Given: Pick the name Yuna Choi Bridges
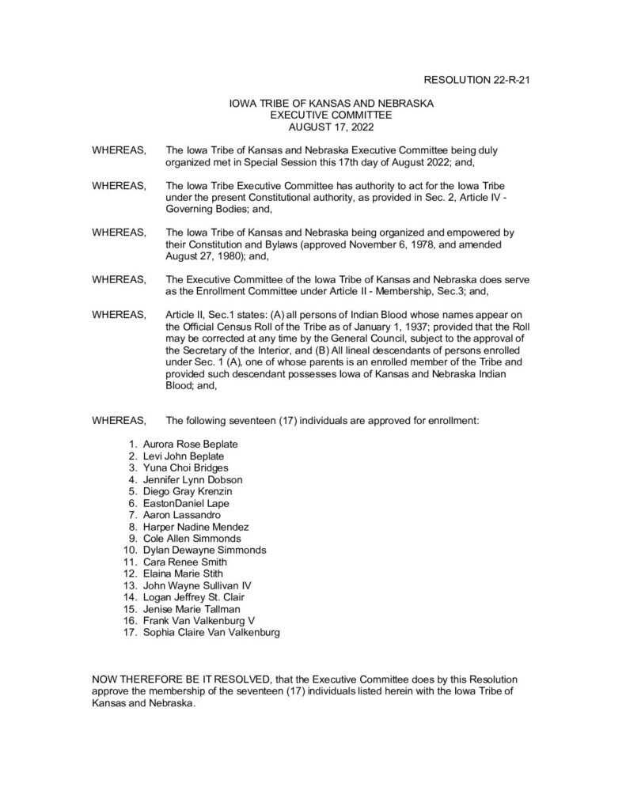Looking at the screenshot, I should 187,468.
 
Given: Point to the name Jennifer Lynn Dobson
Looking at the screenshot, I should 192,479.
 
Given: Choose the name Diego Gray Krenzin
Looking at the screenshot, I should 188,491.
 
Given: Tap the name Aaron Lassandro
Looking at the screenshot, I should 181,515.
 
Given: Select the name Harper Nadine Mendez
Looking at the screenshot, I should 195,527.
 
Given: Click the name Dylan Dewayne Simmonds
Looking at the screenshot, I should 204,550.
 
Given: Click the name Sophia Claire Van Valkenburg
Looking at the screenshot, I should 211,633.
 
